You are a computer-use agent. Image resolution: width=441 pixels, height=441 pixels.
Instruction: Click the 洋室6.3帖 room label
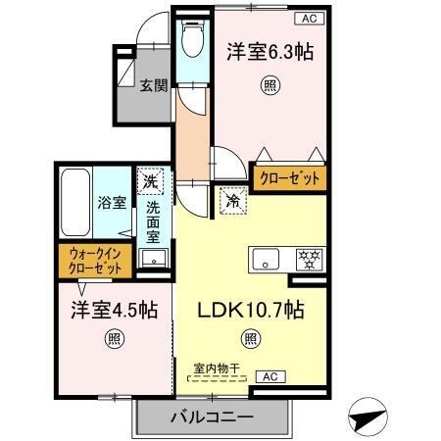point(271,53)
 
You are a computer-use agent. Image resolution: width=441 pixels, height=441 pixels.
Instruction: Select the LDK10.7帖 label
point(252,310)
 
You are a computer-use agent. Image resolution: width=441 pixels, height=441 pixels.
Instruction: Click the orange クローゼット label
point(287,179)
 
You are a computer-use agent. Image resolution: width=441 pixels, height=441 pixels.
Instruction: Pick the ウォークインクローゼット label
point(96,260)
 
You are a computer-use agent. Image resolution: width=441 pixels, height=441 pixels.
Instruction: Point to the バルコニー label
point(212,416)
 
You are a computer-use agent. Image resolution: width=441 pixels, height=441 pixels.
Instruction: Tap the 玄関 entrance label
point(151,85)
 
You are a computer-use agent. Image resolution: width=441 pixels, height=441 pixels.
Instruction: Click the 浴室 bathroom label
point(111,203)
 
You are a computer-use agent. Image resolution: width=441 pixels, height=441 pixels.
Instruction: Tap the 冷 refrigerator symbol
point(232,197)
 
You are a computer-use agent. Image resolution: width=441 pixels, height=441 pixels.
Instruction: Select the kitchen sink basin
point(264,260)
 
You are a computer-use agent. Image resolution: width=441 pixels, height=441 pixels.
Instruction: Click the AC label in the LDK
point(268,376)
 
